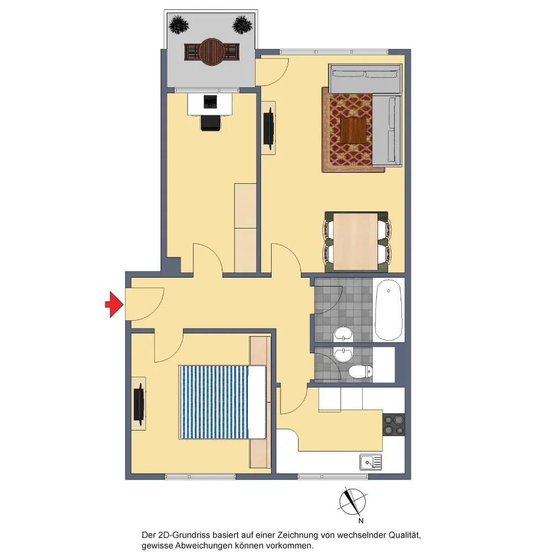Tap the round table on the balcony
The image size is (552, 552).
click(211, 52)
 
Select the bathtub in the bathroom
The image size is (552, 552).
click(388, 310)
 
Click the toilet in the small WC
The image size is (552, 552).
click(360, 371)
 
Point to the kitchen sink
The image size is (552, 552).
click(371, 462)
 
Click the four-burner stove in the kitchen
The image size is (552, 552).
click(394, 424)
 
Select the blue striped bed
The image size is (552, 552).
click(222, 402)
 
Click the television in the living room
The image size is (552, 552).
click(269, 127)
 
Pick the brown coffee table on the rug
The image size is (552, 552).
click(353, 130)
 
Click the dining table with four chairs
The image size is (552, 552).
click(356, 241)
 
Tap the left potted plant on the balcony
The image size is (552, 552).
click(179, 25)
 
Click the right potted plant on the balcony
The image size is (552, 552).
click(242, 25)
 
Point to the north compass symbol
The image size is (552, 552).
click(352, 502)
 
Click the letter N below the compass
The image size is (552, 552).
click(361, 521)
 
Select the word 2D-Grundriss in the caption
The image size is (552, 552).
click(181, 535)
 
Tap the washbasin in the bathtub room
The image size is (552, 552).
click(343, 334)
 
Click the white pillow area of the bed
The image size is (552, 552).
click(257, 402)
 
